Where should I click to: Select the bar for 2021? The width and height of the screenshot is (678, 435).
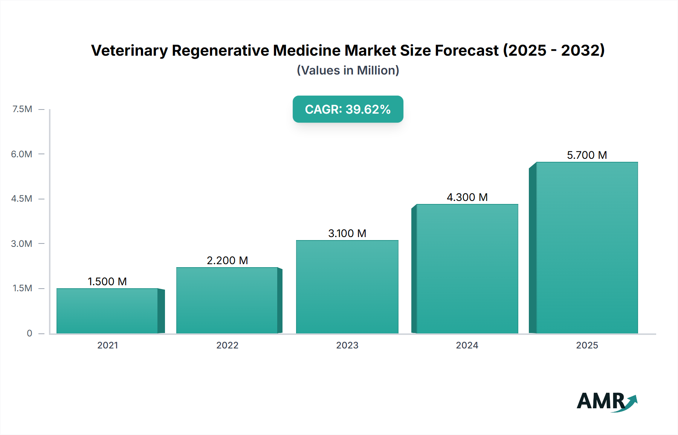(x=107, y=311)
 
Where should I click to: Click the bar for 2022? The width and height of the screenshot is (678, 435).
(x=227, y=301)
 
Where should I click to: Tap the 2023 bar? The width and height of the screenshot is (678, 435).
(x=347, y=287)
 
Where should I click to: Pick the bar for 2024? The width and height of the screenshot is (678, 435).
(x=467, y=269)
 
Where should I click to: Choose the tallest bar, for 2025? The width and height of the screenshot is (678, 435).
(x=587, y=248)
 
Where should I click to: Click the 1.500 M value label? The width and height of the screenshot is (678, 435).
(x=107, y=281)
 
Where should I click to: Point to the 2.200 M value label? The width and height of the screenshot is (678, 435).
(x=227, y=260)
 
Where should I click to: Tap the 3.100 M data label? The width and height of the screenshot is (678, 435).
(x=347, y=233)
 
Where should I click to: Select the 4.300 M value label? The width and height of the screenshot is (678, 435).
(x=467, y=197)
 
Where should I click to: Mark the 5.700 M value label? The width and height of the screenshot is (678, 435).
(x=587, y=155)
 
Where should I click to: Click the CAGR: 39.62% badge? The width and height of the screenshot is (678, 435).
(x=348, y=109)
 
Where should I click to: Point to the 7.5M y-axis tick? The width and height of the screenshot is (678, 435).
(x=22, y=109)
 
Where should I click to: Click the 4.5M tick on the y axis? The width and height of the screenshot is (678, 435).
(x=21, y=199)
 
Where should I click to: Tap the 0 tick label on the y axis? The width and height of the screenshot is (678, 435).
(x=29, y=333)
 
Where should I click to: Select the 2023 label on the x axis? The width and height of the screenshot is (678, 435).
(x=347, y=345)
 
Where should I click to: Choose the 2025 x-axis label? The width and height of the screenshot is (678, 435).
(x=587, y=345)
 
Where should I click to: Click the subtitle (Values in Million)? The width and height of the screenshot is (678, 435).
(x=348, y=70)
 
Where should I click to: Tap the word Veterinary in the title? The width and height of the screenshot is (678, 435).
(x=129, y=50)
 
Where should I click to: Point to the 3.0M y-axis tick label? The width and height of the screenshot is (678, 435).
(x=21, y=243)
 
